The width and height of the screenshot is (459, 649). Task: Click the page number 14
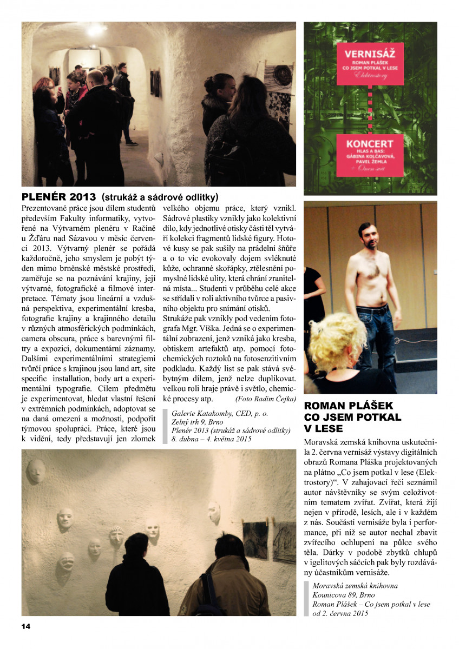pyautogui.click(x=26, y=626)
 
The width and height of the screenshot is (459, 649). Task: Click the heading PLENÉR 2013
pyautogui.click(x=58, y=196)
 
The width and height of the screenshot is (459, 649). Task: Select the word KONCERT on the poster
pyautogui.click(x=370, y=144)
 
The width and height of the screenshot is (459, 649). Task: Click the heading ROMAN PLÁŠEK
pyautogui.click(x=349, y=406)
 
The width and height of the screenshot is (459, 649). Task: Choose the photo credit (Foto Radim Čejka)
pyautogui.click(x=265, y=399)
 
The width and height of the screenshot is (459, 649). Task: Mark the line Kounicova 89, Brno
pyautogui.click(x=339, y=595)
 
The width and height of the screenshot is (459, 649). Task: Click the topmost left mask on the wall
pyautogui.click(x=36, y=470)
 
